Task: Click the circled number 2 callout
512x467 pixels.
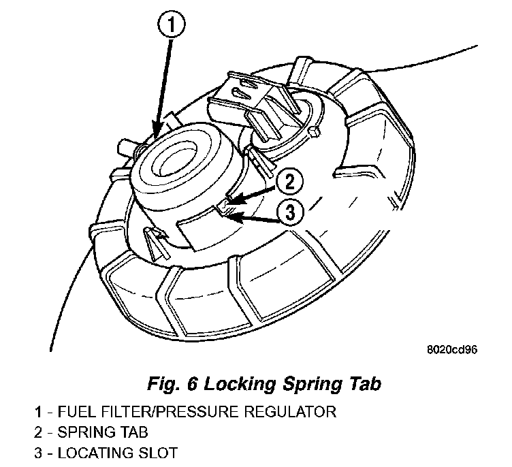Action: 289,182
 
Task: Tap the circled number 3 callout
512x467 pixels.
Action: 289,214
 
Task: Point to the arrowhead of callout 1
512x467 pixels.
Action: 157,133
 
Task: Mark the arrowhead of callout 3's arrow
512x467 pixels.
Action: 229,216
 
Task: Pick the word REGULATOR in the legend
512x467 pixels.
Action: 291,412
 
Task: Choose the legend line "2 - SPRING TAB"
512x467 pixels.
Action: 91,432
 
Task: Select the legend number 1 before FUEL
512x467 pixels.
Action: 39,412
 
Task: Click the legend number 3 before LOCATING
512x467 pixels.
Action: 39,452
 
